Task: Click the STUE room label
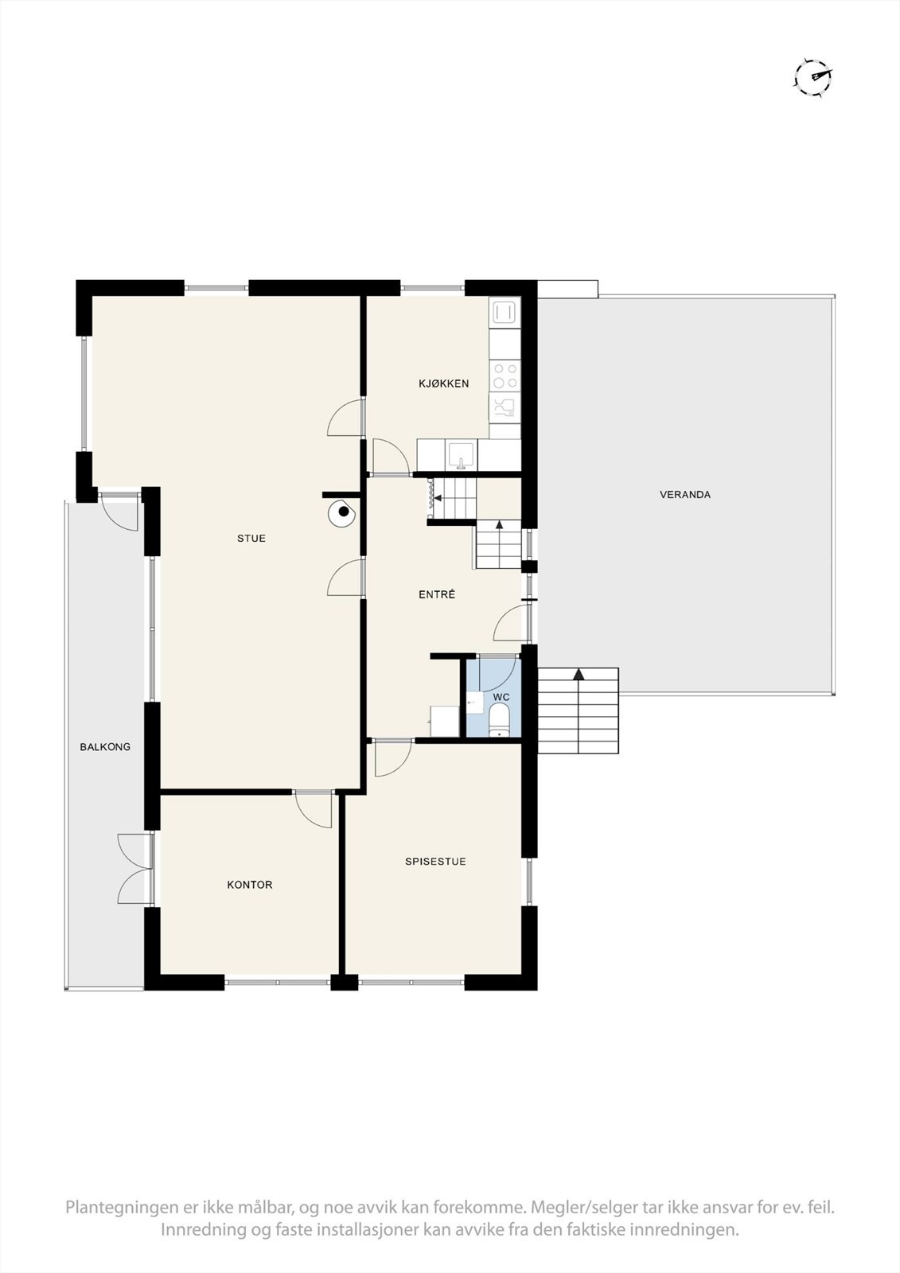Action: pos(251,539)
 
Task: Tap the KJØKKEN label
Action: pos(443,383)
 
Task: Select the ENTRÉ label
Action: pos(437,594)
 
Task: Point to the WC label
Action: pos(501,697)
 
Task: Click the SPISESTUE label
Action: pos(435,862)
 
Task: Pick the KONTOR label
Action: pos(250,885)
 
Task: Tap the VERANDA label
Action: pos(685,495)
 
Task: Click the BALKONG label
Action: pos(105,747)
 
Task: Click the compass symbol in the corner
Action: pos(813,76)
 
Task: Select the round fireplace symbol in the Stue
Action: pos(342,512)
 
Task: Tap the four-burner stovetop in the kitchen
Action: pos(504,376)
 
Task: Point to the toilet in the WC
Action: pos(500,725)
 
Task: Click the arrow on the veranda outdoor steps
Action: pos(579,675)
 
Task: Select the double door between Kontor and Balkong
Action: pos(135,868)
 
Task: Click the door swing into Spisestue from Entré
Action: pos(392,757)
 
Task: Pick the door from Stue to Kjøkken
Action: pos(348,418)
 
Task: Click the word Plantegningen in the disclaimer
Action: pos(123,1230)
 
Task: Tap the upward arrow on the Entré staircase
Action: pos(499,525)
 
